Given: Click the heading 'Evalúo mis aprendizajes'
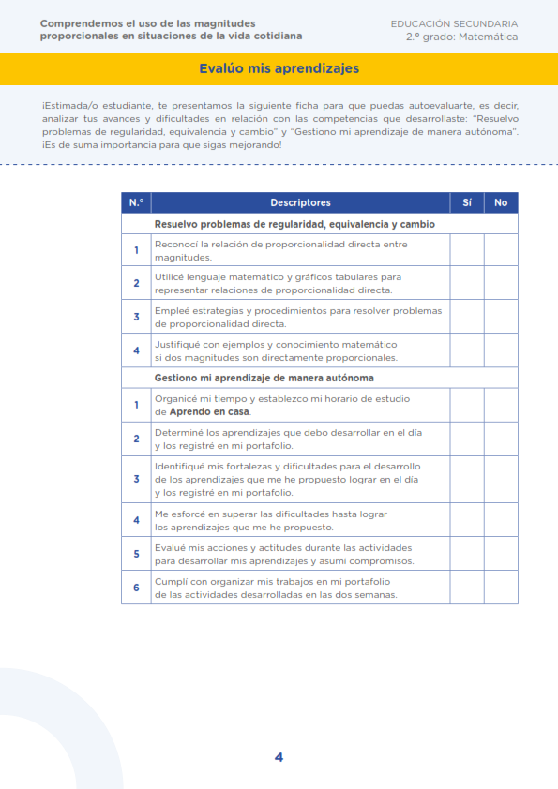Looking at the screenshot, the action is pyautogui.click(x=279, y=68).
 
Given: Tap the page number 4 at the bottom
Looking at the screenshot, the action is pyautogui.click(x=279, y=757).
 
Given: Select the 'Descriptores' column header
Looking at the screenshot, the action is pyautogui.click(x=300, y=202).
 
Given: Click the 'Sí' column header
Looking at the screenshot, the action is pyautogui.click(x=467, y=202).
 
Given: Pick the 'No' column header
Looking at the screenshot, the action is pyautogui.click(x=501, y=202).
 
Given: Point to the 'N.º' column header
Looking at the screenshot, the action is pyautogui.click(x=136, y=202).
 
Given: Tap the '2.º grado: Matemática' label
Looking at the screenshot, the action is pyautogui.click(x=461, y=37).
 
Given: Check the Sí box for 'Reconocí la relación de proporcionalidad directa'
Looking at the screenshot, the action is pyautogui.click(x=467, y=250).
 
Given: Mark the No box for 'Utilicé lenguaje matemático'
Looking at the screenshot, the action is pyautogui.click(x=501, y=283).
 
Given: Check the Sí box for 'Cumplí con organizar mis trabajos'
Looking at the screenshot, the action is pyautogui.click(x=467, y=588).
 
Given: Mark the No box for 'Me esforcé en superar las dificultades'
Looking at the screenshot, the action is pyautogui.click(x=501, y=520).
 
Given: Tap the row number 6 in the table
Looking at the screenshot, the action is pyautogui.click(x=136, y=588).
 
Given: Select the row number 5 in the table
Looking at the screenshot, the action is pyautogui.click(x=136, y=554).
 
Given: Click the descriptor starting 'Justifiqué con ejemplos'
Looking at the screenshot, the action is pyautogui.click(x=276, y=350).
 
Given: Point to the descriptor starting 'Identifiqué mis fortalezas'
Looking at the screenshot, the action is pyautogui.click(x=287, y=479).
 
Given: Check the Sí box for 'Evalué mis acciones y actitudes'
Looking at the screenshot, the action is pyautogui.click(x=467, y=554).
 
